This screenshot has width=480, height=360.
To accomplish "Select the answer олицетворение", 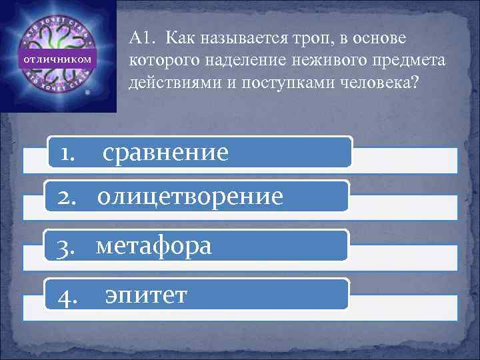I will pos(189,197).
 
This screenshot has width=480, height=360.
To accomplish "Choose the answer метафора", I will pos(154,246).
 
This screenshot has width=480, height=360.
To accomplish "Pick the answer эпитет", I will pos(146,295).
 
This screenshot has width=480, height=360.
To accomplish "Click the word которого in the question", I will pos(157,61).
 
